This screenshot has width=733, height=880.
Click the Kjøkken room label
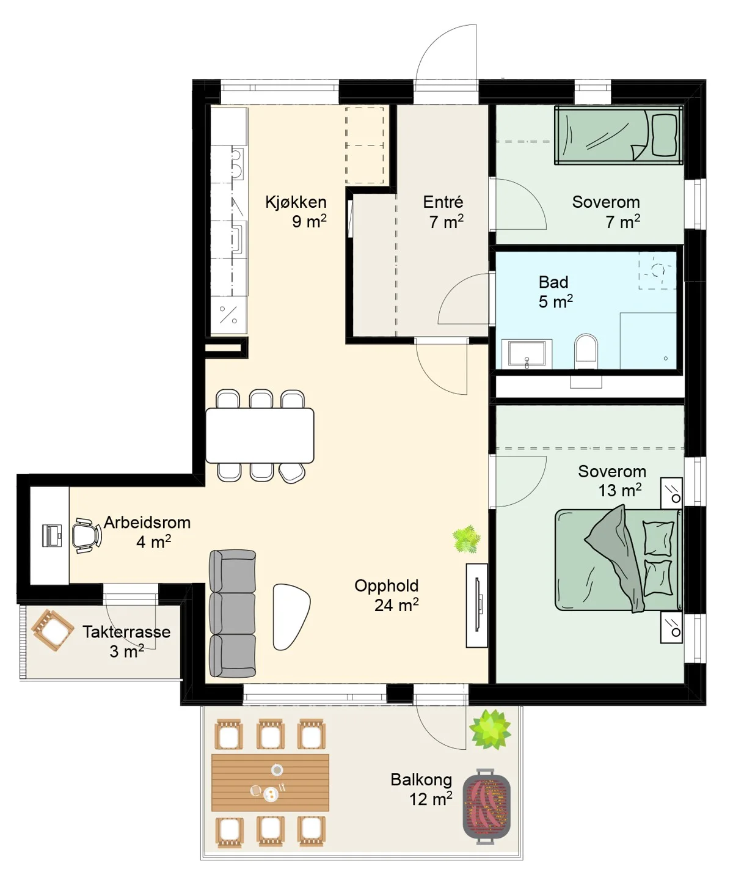tap(296, 202)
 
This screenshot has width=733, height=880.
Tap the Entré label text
tap(443, 202)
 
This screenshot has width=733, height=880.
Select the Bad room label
tap(553, 282)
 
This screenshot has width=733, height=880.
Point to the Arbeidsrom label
tap(147, 522)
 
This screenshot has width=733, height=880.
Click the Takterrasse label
tap(126, 632)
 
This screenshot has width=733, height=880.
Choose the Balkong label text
tap(421, 780)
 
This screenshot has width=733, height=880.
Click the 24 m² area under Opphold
tap(396, 605)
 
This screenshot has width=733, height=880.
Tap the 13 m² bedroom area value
tap(620, 490)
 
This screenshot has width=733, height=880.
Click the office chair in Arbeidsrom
tap(86, 535)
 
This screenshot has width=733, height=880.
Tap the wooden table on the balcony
tap(270, 782)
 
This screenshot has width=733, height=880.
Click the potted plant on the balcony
tap(490, 729)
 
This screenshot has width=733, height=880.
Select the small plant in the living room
tap(466, 538)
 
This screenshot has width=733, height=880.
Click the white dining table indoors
tap(260, 435)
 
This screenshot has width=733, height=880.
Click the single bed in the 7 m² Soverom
tap(618, 135)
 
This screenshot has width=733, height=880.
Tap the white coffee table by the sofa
tap(291, 617)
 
